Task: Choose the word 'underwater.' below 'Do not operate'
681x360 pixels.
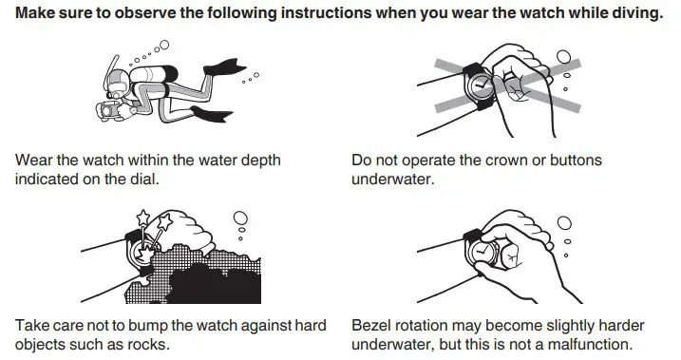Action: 392,179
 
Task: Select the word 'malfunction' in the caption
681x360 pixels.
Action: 586,344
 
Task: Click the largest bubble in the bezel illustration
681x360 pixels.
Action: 564,223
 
